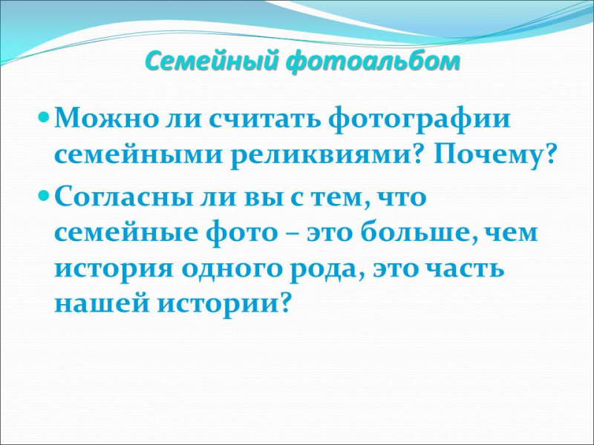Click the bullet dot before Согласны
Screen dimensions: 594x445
point(45,195)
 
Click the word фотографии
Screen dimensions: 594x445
point(420,119)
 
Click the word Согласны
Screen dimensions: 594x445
point(123,197)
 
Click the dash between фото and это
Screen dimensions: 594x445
point(292,234)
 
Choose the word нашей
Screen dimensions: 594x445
point(102,303)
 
